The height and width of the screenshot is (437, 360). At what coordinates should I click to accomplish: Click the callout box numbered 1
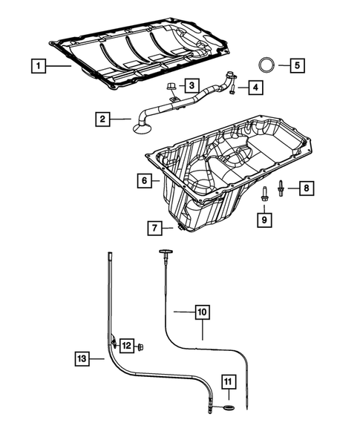[36, 66]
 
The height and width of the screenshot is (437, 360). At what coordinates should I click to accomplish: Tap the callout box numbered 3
[190, 86]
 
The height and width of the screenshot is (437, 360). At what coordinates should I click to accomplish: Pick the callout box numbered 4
[255, 88]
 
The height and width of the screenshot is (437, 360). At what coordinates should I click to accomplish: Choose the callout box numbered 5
[295, 65]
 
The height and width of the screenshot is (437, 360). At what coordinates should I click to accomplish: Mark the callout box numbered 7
[156, 229]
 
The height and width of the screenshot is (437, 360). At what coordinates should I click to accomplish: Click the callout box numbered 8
[305, 188]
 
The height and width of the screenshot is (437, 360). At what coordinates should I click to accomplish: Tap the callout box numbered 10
[202, 312]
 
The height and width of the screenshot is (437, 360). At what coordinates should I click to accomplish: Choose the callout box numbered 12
[127, 346]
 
